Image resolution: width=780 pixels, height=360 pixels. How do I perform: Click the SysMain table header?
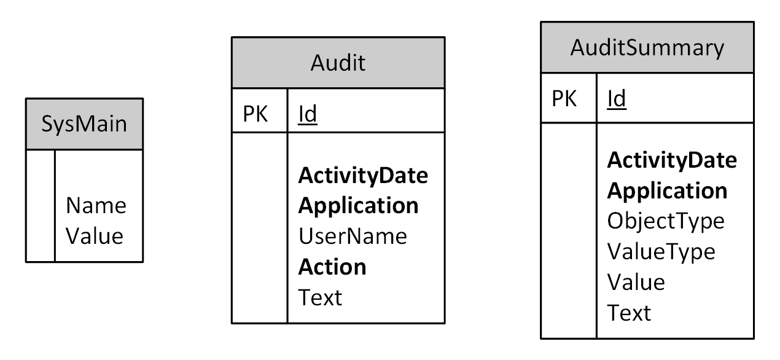tap(84, 123)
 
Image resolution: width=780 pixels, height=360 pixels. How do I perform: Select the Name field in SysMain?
tap(95, 205)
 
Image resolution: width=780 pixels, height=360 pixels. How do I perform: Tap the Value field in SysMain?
tap(95, 236)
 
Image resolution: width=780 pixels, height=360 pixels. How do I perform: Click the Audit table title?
tap(338, 62)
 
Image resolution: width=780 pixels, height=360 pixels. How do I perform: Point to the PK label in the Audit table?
tap(255, 114)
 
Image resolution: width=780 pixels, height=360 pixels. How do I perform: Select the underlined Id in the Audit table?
tap(308, 114)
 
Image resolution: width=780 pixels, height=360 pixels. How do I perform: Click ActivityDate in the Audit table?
tap(363, 176)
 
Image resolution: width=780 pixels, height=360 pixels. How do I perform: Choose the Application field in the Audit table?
tap(359, 206)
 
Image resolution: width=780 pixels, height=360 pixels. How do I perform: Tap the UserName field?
tap(353, 236)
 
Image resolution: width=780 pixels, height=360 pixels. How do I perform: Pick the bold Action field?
tap(332, 267)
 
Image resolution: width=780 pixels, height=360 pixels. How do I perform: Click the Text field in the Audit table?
tap(320, 297)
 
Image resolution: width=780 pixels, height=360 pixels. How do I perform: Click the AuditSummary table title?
tap(647, 47)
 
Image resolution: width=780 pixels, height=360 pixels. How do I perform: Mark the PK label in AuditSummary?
tap(564, 98)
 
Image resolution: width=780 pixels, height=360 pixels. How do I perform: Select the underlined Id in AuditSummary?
tap(617, 98)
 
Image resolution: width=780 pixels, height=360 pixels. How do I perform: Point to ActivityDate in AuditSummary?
tap(672, 160)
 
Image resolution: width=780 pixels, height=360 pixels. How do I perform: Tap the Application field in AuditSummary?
tap(668, 190)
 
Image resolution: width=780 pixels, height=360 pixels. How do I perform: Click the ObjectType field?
tap(666, 221)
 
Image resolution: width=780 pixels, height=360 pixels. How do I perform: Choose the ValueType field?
tap(661, 251)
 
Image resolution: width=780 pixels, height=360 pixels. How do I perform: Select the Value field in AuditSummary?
tap(636, 282)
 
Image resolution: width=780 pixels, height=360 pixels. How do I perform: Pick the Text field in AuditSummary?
tap(629, 313)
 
